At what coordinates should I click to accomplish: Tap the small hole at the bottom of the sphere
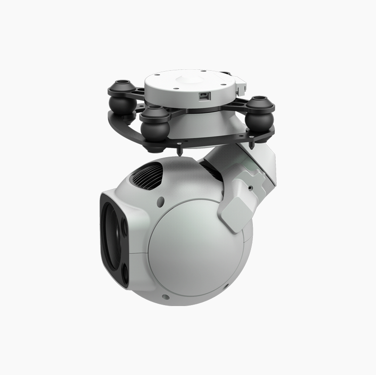(x=165, y=297)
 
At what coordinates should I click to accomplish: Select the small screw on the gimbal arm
(x=250, y=187)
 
